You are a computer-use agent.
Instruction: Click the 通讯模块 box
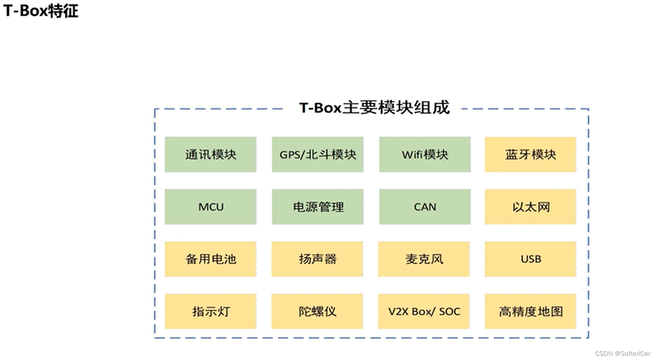click(210, 154)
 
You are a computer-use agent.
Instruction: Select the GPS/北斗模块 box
click(317, 154)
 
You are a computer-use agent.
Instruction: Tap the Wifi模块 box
click(424, 154)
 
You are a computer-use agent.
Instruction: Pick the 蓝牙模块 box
click(530, 154)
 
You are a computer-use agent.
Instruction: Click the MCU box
click(210, 207)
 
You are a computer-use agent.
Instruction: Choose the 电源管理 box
click(317, 207)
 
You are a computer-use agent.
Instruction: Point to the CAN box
click(424, 207)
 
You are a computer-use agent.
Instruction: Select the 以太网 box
click(530, 207)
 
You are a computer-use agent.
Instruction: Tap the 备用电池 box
click(210, 259)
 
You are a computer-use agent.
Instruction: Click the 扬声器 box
click(317, 259)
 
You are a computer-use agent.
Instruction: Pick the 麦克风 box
click(424, 259)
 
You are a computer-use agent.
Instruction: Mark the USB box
click(530, 259)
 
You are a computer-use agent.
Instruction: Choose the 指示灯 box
click(210, 311)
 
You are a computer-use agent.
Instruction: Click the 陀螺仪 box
click(317, 311)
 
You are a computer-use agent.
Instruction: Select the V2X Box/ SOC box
click(424, 311)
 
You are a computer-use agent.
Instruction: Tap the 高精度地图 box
click(530, 311)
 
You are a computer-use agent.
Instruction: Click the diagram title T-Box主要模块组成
click(374, 108)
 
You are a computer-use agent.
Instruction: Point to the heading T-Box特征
click(41, 11)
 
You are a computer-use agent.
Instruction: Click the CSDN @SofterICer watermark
click(622, 354)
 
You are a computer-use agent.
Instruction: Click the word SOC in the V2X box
click(449, 311)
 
